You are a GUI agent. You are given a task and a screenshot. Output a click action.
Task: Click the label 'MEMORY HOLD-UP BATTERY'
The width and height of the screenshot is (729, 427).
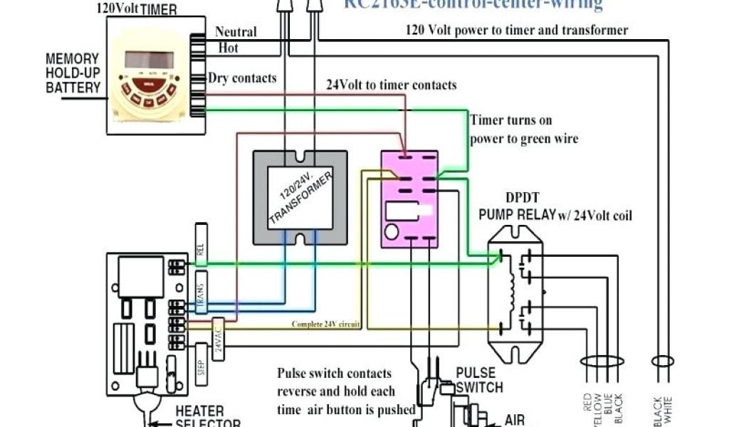74,73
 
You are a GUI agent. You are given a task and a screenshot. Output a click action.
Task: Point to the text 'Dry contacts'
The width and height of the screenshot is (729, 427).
242,78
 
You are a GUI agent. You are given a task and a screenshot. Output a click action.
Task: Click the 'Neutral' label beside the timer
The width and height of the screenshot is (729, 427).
236,32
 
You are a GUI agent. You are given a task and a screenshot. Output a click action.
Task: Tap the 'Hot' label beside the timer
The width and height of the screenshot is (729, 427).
228,48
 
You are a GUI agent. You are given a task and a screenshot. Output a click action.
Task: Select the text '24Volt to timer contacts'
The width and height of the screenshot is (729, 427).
391,85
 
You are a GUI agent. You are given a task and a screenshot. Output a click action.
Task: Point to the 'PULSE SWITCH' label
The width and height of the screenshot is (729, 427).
478,380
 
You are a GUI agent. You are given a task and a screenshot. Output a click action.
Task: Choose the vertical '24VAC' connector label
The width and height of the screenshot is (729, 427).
219,334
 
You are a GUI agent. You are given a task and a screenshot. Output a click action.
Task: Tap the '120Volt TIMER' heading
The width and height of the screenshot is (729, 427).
137,9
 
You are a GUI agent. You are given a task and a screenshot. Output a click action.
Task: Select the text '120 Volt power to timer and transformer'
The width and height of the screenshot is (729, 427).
516,30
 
